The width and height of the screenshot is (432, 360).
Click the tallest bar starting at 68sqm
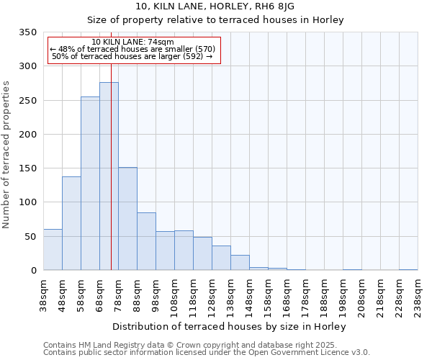109,176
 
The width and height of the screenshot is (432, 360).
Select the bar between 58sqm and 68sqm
90,184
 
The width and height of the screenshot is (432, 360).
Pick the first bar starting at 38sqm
53,250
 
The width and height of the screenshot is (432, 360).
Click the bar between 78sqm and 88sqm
127,219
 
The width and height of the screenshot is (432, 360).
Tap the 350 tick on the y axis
27,32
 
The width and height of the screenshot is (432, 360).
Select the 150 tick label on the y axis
27,168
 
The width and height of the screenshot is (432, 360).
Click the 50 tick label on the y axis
30,236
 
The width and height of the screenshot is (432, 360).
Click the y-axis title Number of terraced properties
7,155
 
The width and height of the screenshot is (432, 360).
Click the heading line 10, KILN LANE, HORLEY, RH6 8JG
215,6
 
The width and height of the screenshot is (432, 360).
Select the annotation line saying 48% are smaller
133,49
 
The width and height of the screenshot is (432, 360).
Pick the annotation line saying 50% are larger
133,56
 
